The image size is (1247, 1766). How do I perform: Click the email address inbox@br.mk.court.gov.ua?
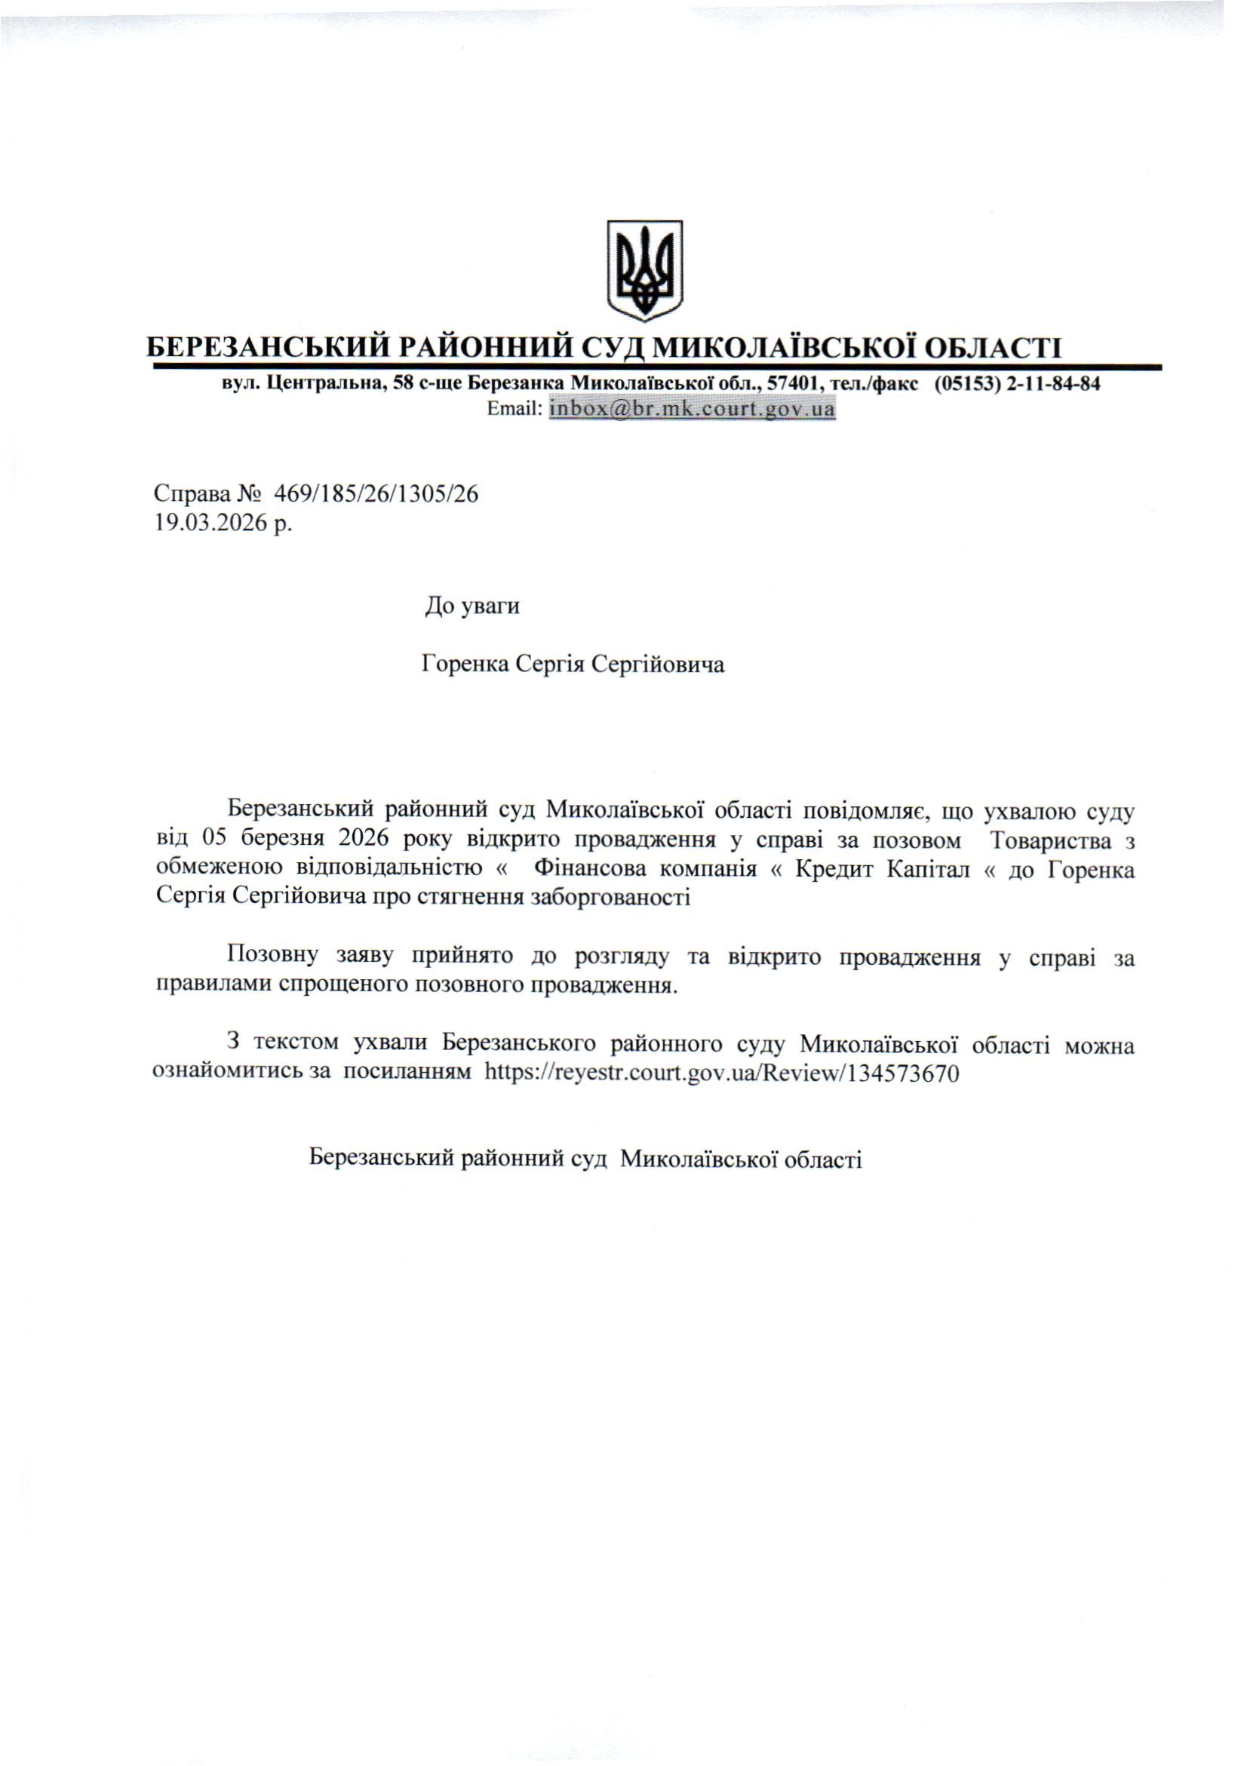[692, 409]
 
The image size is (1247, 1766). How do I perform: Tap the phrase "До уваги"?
[472, 607]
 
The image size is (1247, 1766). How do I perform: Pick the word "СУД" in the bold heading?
[613, 349]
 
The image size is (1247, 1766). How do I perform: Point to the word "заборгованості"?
[608, 897]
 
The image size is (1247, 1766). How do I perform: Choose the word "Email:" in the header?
[515, 409]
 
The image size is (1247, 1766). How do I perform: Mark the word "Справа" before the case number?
[192, 495]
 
